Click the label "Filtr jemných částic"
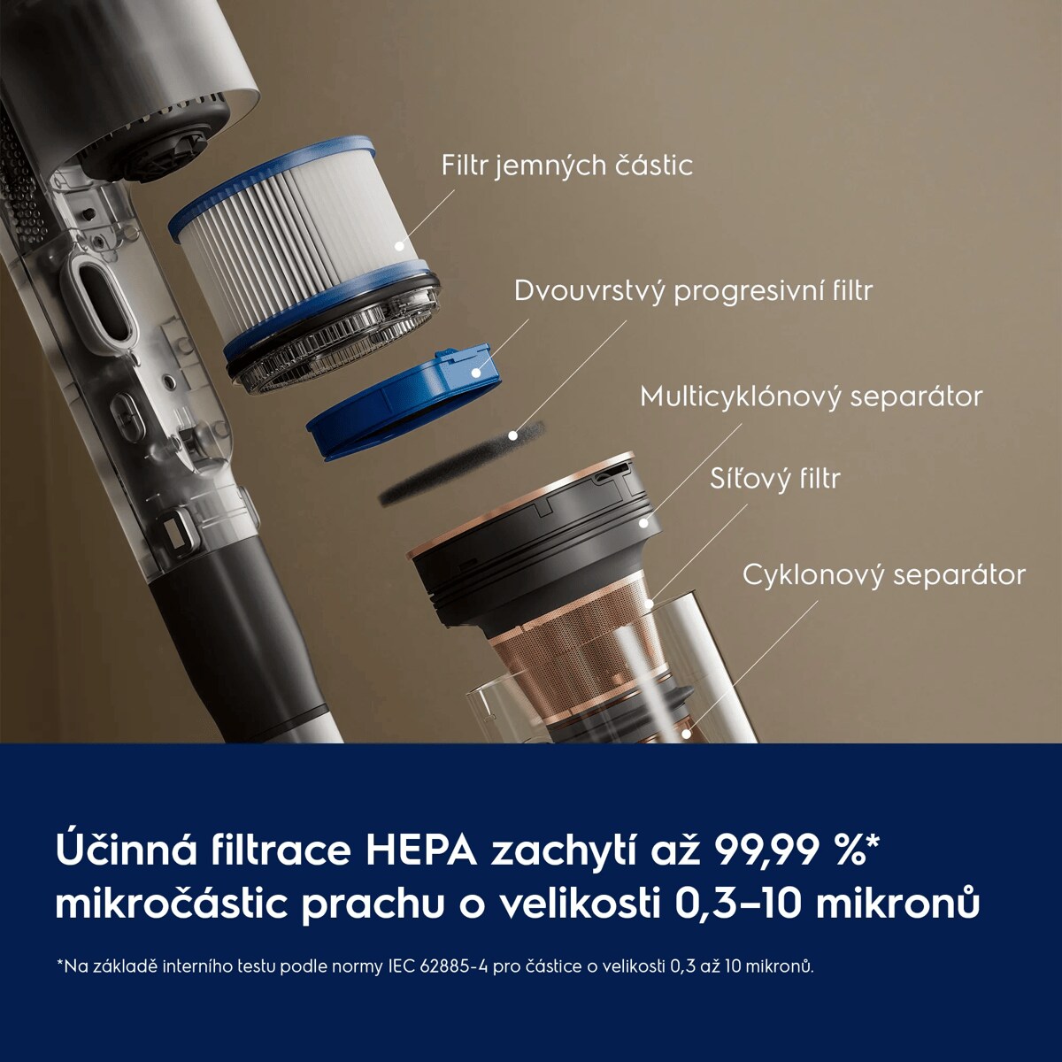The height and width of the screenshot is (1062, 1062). point(566,165)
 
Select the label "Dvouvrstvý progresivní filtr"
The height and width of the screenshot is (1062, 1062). point(693,290)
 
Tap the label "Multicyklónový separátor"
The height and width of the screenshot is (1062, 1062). point(812,396)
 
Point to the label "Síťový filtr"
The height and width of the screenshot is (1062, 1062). point(775,478)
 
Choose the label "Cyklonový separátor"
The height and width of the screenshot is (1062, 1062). point(884,575)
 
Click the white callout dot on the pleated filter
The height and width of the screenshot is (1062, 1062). point(399,247)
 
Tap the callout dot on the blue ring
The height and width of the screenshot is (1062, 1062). point(475,373)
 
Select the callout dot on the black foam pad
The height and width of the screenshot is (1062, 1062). point(512,435)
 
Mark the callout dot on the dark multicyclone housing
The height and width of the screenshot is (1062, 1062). point(643,522)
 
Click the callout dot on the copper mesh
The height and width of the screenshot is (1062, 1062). point(650,604)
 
